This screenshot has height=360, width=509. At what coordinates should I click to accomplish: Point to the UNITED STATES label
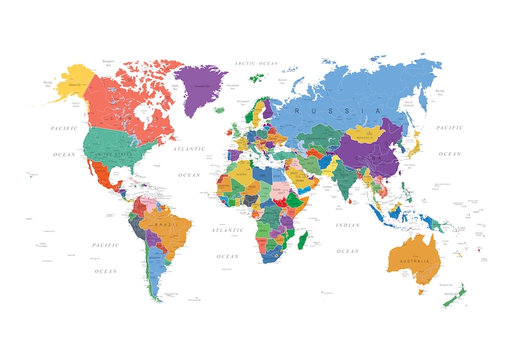click(112, 154)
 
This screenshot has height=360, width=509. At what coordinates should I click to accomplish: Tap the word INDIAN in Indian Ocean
click(348, 225)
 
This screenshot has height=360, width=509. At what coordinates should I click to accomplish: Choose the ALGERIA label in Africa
click(242, 175)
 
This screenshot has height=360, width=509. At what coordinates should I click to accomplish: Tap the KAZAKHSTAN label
click(318, 137)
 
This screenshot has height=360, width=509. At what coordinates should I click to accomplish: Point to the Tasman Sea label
click(446, 285)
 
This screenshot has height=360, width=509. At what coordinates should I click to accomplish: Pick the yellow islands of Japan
click(412, 153)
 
